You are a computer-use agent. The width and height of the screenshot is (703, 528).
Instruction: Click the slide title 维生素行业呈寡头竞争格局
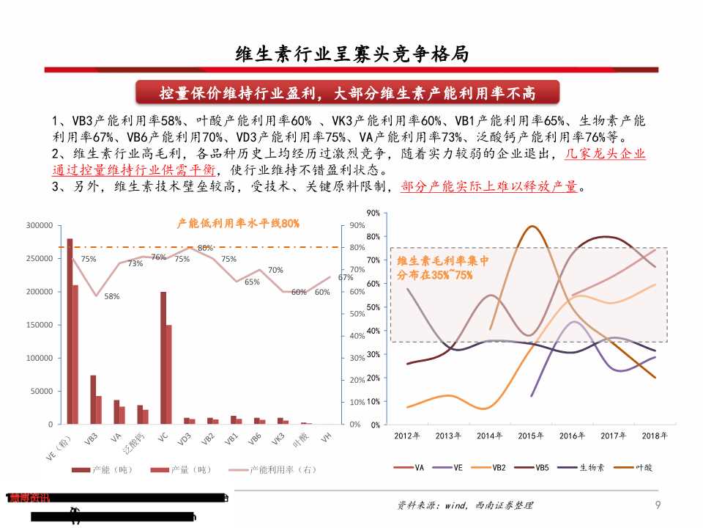pos(351,54)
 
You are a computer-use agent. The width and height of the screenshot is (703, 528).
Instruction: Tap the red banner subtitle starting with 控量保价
pos(348,93)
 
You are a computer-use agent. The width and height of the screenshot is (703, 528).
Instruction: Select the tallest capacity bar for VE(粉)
pos(70,331)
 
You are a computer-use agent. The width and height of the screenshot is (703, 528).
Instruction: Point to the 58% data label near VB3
pos(112,296)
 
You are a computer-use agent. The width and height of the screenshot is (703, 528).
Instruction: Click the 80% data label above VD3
pos(205,248)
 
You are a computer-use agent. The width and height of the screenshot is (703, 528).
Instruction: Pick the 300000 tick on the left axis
pos(39,225)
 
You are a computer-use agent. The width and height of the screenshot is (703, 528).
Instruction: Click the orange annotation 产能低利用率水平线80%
pos(239,222)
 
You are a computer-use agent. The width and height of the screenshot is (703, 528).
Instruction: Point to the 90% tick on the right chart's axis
pos(372,213)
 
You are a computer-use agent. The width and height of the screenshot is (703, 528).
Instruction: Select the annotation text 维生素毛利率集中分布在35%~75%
pos(442,268)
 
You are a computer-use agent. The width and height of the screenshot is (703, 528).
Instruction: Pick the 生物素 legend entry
pos(591,467)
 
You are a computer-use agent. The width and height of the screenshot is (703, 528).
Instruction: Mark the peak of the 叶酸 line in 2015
pos(532,226)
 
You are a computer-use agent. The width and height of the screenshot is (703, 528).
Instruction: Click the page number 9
pos(658,505)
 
